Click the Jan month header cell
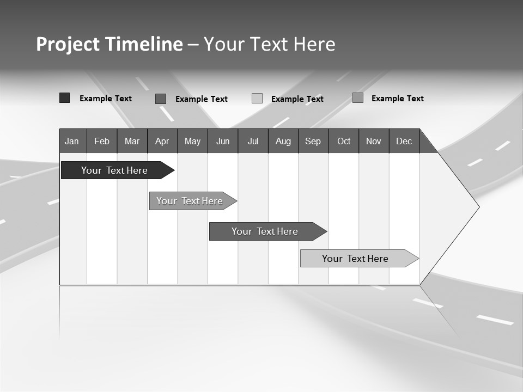pyautogui.click(x=72, y=141)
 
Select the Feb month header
pyautogui.click(x=102, y=141)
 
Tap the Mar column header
pyautogui.click(x=132, y=141)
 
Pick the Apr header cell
pyautogui.click(x=162, y=141)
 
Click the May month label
pyautogui.click(x=192, y=141)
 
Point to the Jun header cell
pyautogui.click(x=223, y=141)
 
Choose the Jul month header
pyautogui.click(x=253, y=141)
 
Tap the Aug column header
pyautogui.click(x=283, y=141)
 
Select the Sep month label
pyautogui.click(x=313, y=141)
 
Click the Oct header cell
pyautogui.click(x=344, y=141)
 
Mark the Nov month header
pyautogui.click(x=374, y=141)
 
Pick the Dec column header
pyautogui.click(x=404, y=141)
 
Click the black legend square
pyautogui.click(x=64, y=98)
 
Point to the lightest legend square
pyautogui.click(x=257, y=99)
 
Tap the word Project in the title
pyautogui.click(x=68, y=44)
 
